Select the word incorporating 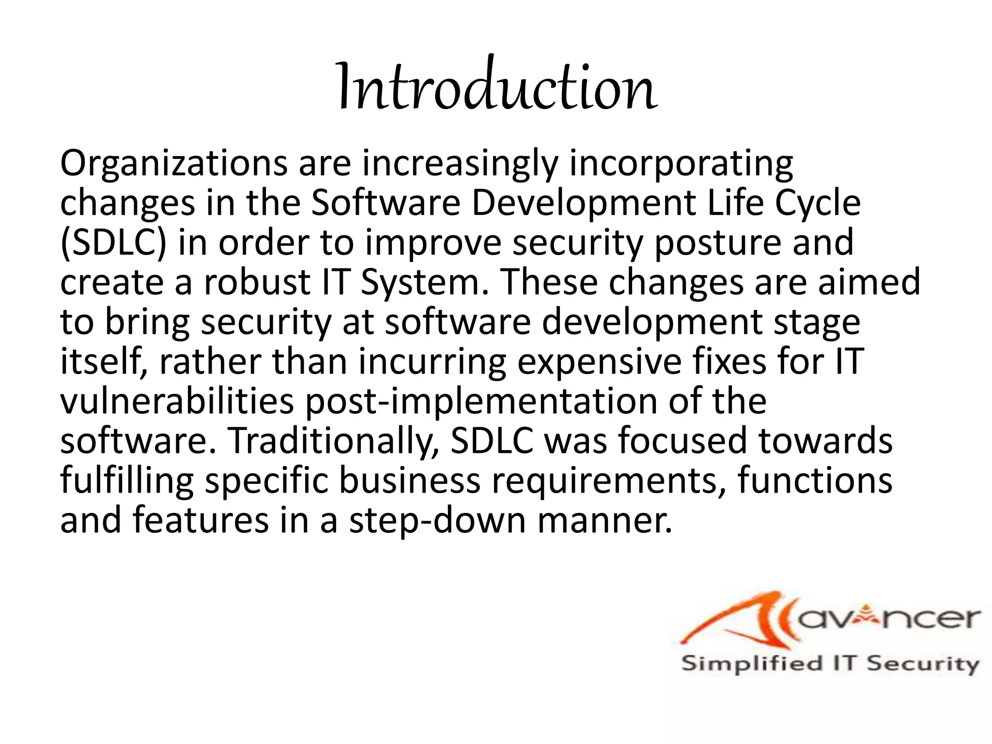click(681, 165)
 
